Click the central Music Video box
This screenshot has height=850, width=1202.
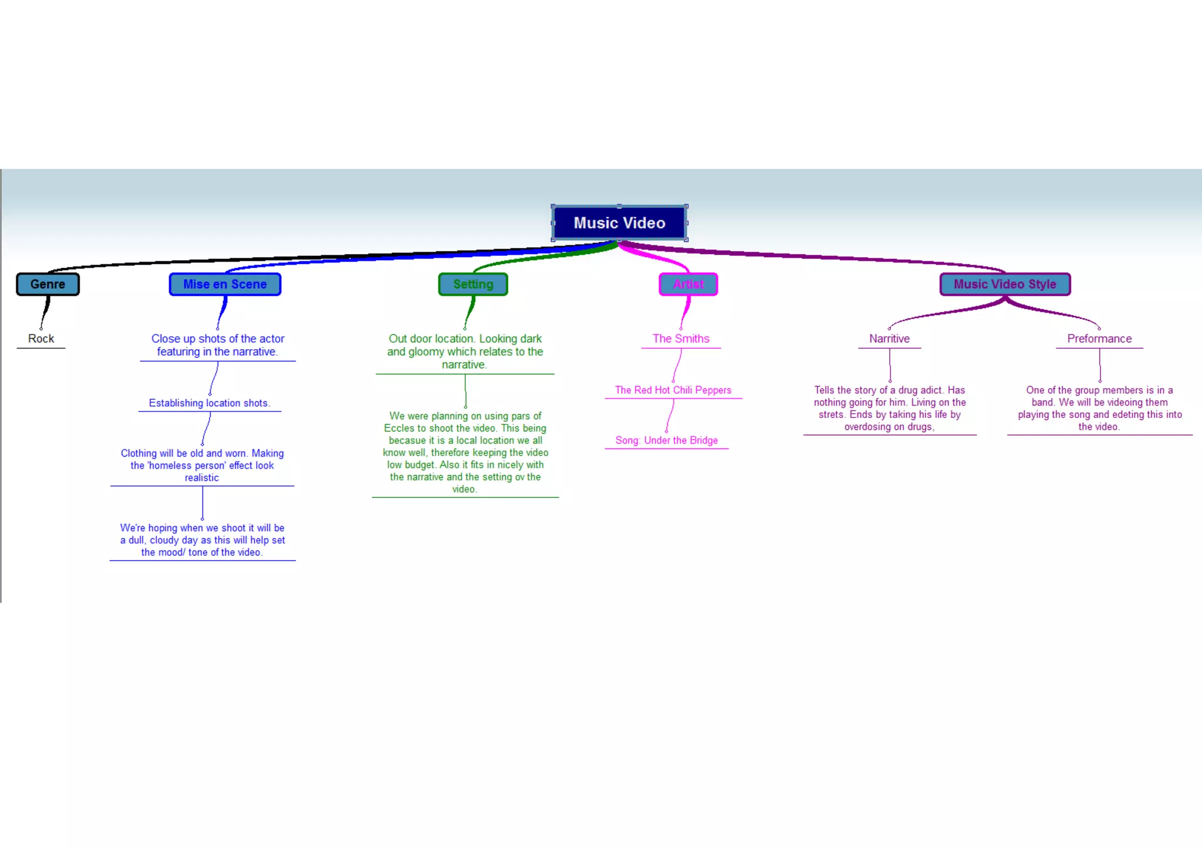(619, 223)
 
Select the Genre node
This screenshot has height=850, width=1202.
(48, 284)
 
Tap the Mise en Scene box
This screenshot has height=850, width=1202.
(225, 284)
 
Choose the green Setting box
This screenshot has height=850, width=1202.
(473, 284)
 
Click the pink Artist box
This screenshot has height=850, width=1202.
(688, 284)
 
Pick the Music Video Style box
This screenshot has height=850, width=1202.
(1005, 284)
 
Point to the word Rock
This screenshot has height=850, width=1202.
(41, 339)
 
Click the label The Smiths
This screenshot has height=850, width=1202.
(681, 339)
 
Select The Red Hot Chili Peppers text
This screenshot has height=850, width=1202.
(673, 390)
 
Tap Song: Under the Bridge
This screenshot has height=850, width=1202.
(666, 440)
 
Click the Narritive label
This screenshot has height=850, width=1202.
(889, 339)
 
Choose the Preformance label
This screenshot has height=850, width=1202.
(1099, 339)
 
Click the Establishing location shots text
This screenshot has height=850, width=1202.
(209, 403)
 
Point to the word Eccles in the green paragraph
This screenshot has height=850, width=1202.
(399, 429)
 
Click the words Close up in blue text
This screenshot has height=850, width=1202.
(173, 339)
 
